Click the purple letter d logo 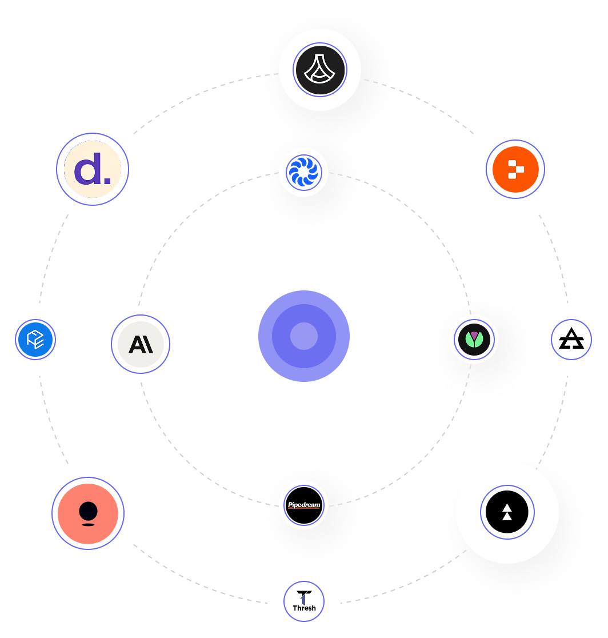pos(93,169)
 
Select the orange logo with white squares pos(515,169)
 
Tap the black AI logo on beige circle pos(141,344)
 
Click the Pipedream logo pos(304,505)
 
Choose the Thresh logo pos(304,601)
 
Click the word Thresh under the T pos(304,608)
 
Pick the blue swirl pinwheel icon pos(304,172)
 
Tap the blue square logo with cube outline pos(35,340)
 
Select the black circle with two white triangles pos(507,512)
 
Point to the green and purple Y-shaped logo pos(475,340)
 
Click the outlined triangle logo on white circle pos(571,340)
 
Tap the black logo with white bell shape pos(320,70)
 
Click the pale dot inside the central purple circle pos(304,336)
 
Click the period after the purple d pos(107,182)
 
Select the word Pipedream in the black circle pos(304,505)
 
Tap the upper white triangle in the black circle pos(507,507)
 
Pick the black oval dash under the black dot pos(88,524)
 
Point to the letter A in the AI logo pos(136,344)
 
